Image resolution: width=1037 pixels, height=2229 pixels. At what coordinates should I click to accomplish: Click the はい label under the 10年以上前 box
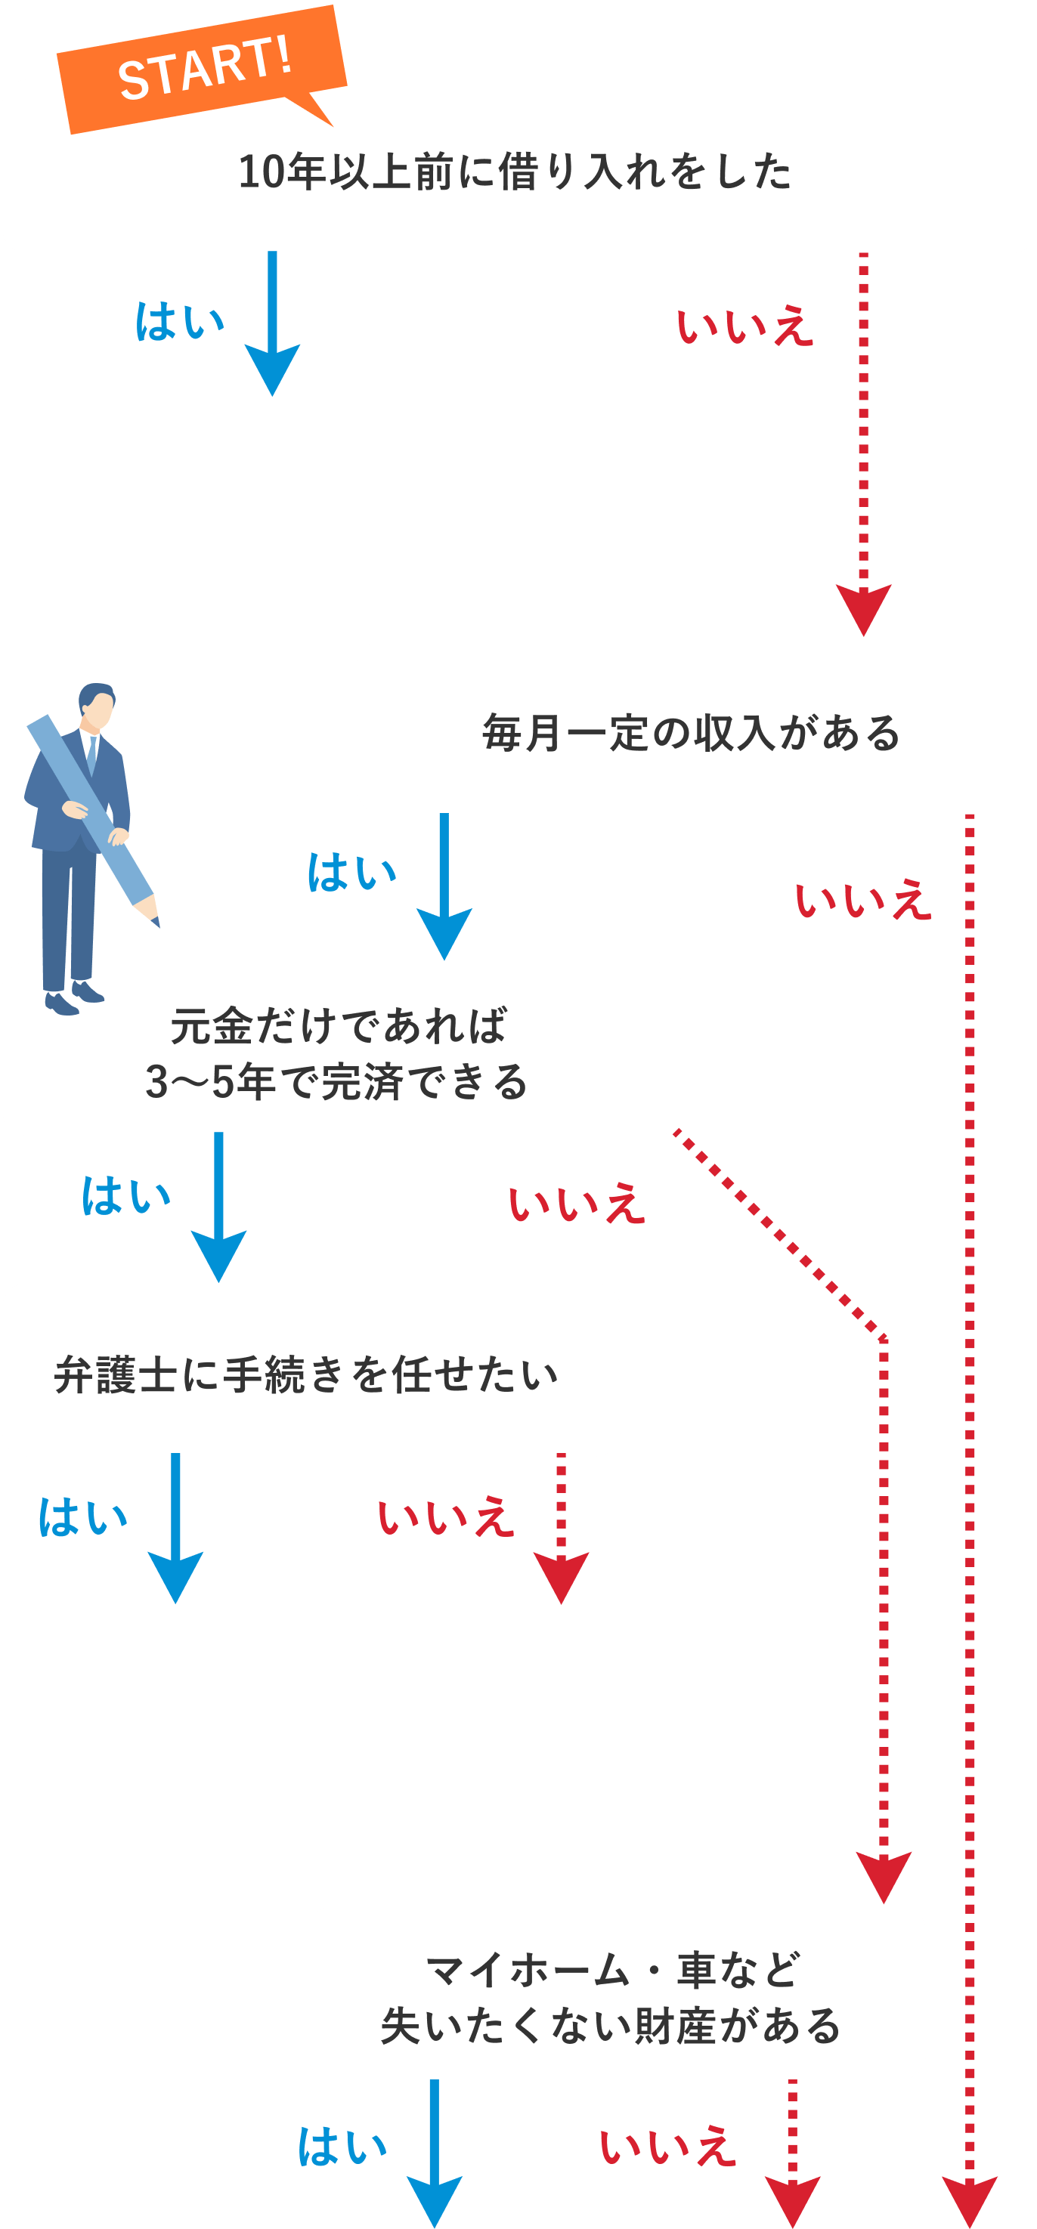click(x=179, y=323)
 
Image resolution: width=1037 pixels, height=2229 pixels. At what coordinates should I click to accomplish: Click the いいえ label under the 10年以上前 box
click(x=744, y=327)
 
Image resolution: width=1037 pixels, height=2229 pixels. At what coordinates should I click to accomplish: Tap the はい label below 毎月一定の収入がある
click(x=351, y=872)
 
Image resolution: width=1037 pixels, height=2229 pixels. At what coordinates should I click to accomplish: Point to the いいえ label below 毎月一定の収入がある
click(x=862, y=900)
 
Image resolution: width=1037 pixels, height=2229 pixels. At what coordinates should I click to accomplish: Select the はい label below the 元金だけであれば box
click(x=125, y=1196)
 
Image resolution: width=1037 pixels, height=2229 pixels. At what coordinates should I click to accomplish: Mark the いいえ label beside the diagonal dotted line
click(x=576, y=1204)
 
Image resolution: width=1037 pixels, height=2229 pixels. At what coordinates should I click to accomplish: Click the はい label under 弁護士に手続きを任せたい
click(x=82, y=1518)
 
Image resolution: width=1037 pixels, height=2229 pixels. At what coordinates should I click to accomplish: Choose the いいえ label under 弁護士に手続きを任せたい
click(x=445, y=1518)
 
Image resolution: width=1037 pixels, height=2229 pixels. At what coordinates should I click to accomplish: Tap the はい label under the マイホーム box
click(x=342, y=2147)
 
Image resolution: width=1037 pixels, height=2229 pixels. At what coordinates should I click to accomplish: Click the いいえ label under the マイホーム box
click(x=667, y=2147)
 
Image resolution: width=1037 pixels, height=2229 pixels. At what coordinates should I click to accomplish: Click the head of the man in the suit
click(x=97, y=706)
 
